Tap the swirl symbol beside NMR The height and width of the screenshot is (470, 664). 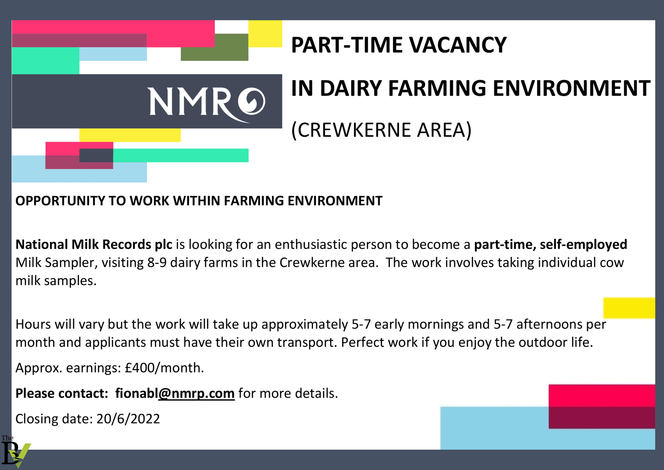pos(251,101)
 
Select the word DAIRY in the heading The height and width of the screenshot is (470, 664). pos(351,88)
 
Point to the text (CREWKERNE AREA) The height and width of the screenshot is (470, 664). pos(381,130)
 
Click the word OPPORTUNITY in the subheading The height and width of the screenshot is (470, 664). pos(60,201)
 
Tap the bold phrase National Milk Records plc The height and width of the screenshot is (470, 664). pos(94,245)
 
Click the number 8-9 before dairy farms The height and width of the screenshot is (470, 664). pos(157,263)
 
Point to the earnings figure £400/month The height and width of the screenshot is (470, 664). pos(164,368)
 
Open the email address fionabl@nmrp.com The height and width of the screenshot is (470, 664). pos(175,394)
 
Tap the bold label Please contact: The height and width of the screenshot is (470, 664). pos(62,394)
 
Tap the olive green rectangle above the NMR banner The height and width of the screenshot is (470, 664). pos(214,47)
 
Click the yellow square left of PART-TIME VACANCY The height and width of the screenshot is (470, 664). pos(265,33)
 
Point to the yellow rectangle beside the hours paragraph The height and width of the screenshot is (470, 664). pos(629,308)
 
